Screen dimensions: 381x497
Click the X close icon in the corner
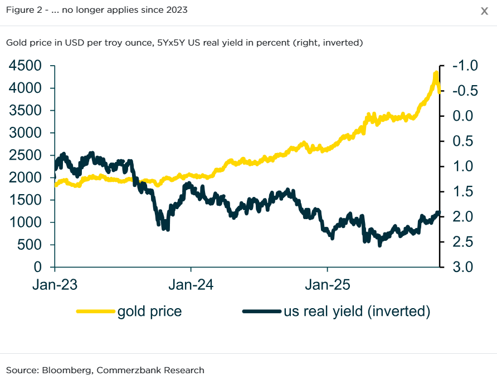(484, 11)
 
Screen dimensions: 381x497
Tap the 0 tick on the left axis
(38, 267)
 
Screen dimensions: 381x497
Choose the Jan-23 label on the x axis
(55, 285)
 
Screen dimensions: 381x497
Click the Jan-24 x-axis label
(191, 285)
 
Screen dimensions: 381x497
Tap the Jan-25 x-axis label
(328, 285)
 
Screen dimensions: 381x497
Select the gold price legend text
(149, 311)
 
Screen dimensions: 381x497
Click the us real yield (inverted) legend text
(357, 311)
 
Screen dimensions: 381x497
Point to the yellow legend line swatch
(96, 311)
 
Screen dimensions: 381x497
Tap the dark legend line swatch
(262, 311)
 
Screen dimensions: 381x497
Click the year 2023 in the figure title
(176, 11)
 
